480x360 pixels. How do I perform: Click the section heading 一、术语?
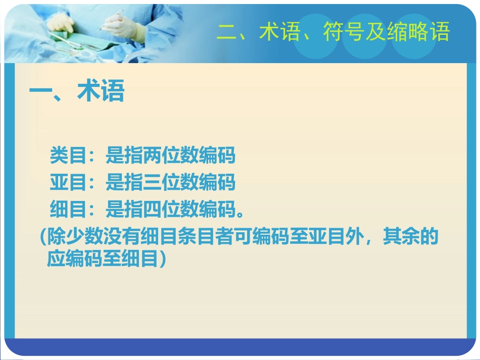coord(76,93)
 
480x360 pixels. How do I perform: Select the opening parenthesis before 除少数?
coord(42,237)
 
